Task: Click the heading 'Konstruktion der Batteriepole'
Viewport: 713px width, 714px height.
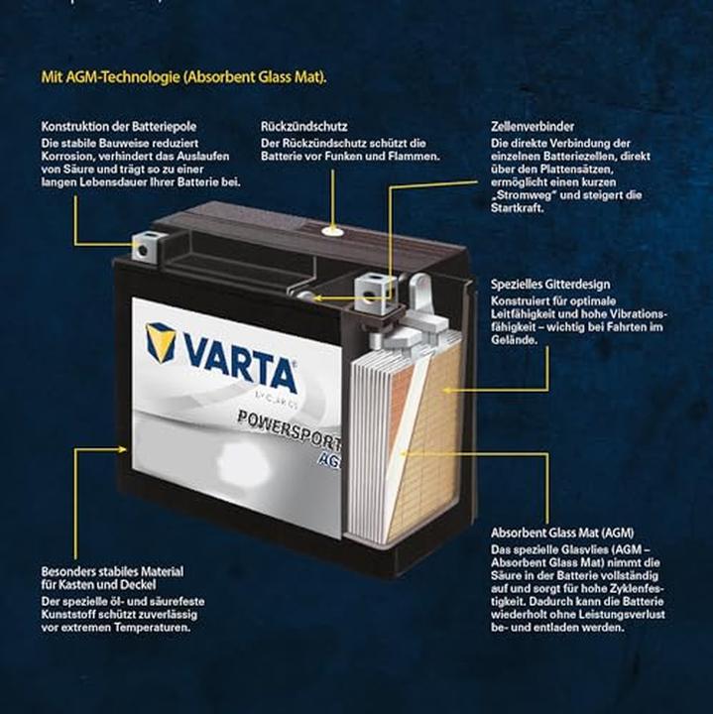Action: [120, 128]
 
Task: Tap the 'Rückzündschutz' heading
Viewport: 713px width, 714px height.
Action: [303, 128]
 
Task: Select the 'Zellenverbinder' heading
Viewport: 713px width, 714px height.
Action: [532, 128]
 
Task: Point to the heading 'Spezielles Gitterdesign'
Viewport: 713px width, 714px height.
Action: [549, 285]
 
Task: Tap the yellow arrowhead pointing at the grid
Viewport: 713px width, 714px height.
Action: [448, 390]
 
